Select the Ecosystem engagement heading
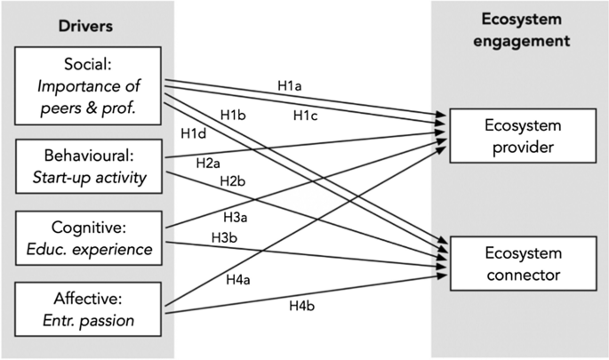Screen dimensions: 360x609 pyautogui.click(x=519, y=29)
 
